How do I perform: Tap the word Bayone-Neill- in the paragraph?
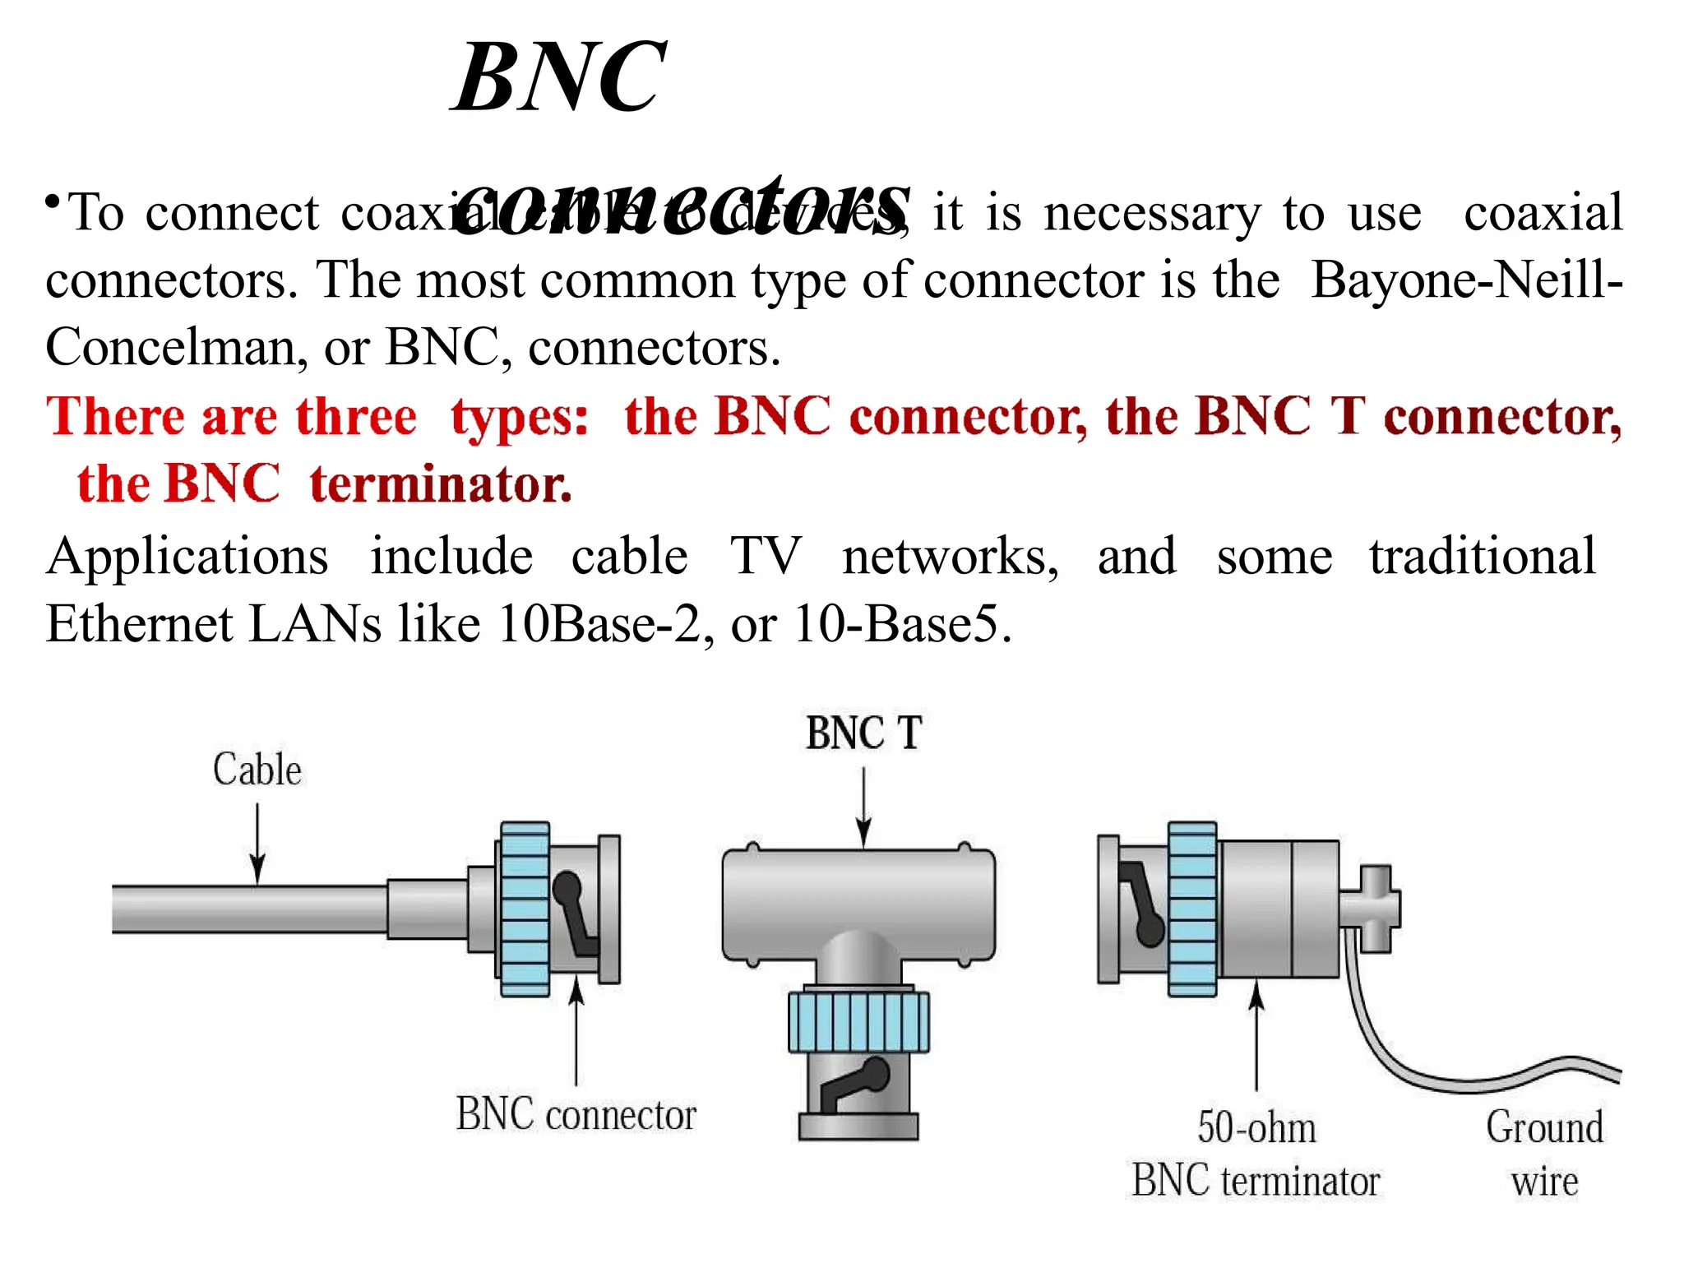(1466, 280)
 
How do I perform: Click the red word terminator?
(440, 483)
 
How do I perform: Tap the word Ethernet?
(139, 624)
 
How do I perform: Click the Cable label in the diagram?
(257, 770)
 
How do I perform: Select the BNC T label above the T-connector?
(863, 733)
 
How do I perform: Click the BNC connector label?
(576, 1115)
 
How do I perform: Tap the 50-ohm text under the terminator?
(1256, 1127)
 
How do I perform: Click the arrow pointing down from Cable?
(257, 843)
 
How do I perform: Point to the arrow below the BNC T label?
(863, 806)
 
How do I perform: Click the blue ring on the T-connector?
(858, 1022)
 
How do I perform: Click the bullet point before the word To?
(52, 201)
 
